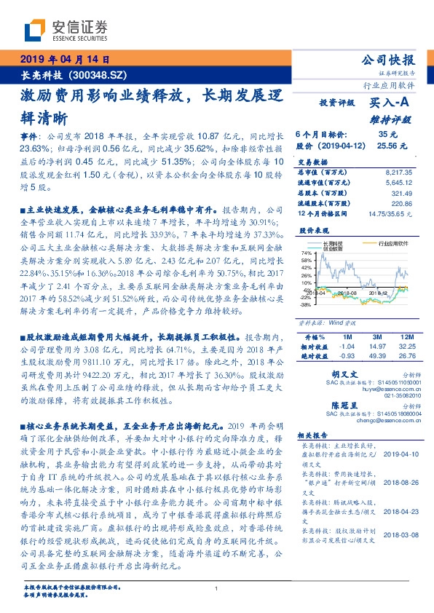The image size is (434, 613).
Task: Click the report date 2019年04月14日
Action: pos(64,60)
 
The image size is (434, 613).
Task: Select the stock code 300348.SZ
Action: pos(98,74)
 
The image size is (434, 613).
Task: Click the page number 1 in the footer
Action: pos(216,589)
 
